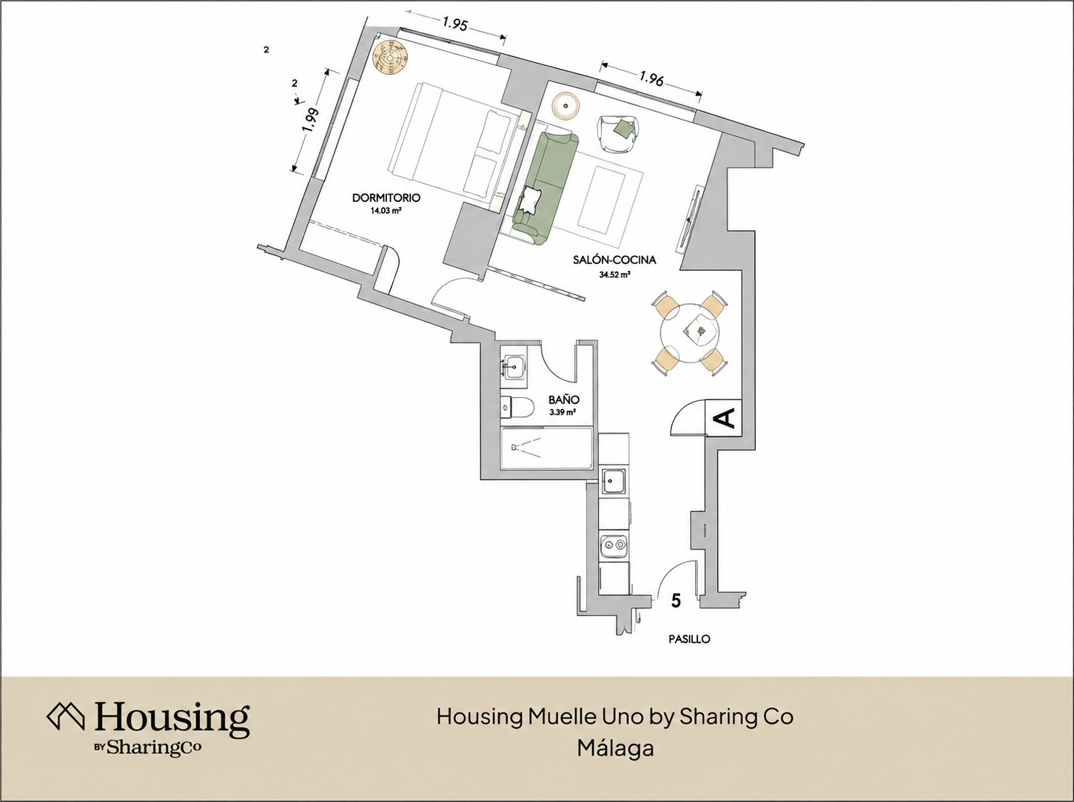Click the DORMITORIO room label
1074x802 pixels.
(x=386, y=198)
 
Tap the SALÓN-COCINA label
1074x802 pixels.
(x=614, y=260)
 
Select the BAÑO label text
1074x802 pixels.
(x=564, y=400)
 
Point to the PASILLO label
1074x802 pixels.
(x=689, y=638)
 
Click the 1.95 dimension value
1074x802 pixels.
(x=455, y=24)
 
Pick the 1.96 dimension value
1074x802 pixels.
(x=651, y=78)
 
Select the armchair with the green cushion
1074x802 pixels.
(x=617, y=134)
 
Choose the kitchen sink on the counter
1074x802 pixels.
(x=614, y=481)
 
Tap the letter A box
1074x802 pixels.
(x=725, y=417)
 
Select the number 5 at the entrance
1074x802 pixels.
(x=676, y=601)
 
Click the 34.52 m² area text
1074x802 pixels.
(x=614, y=274)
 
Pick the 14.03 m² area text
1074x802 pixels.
(x=386, y=212)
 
